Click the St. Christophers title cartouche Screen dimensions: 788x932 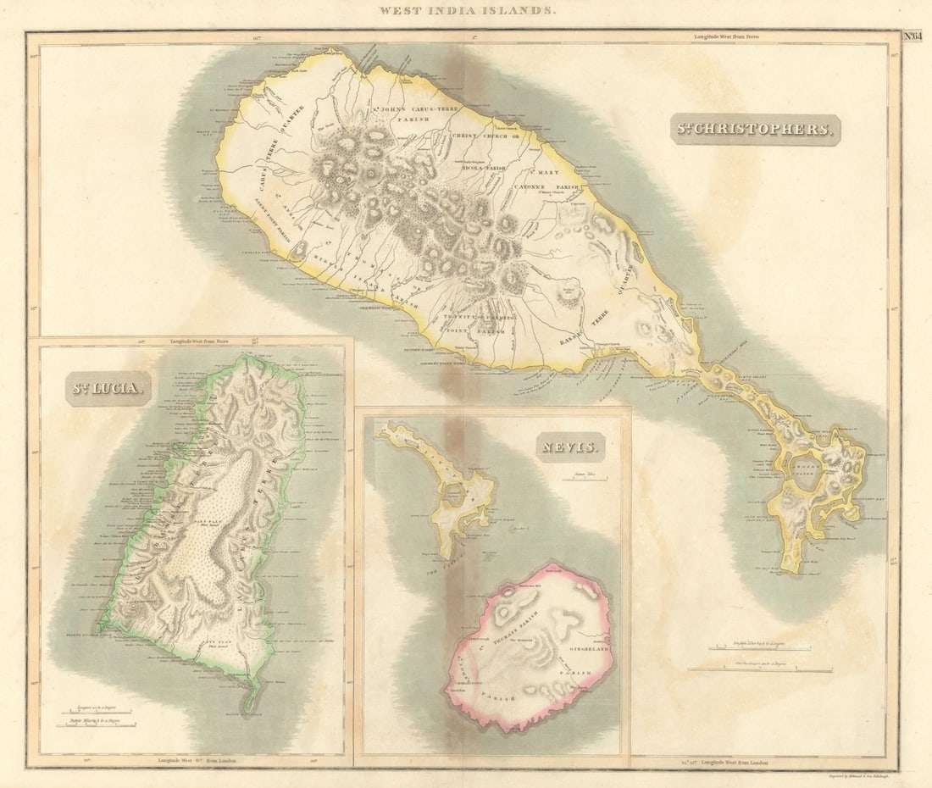755,130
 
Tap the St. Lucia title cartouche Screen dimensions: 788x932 108,389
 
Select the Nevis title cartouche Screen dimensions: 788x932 569,446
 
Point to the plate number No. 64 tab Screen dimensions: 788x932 911,36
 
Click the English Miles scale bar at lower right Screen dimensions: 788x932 760,651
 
